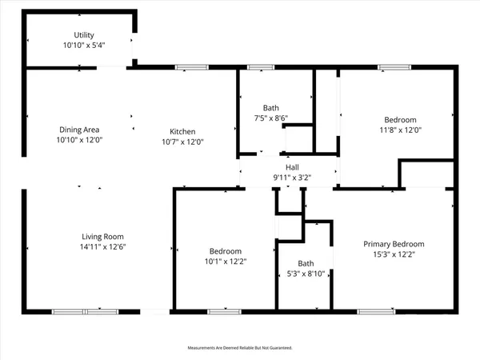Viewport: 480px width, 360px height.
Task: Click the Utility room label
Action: pos(84,35)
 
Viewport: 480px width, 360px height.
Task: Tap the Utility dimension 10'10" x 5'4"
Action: pos(84,46)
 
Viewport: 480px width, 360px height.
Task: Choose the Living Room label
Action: pos(103,236)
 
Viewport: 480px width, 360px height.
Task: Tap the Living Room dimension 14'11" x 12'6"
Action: pos(103,246)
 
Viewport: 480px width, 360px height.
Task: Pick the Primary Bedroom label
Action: pos(394,244)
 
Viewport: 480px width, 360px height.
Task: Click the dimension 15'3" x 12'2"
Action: pos(394,254)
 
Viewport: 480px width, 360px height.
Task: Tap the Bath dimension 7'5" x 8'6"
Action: pos(270,118)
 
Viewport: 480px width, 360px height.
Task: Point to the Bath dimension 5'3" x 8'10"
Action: pos(306,273)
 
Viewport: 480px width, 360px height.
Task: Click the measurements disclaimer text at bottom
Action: pos(240,348)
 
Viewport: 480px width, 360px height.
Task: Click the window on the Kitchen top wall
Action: pos(186,67)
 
